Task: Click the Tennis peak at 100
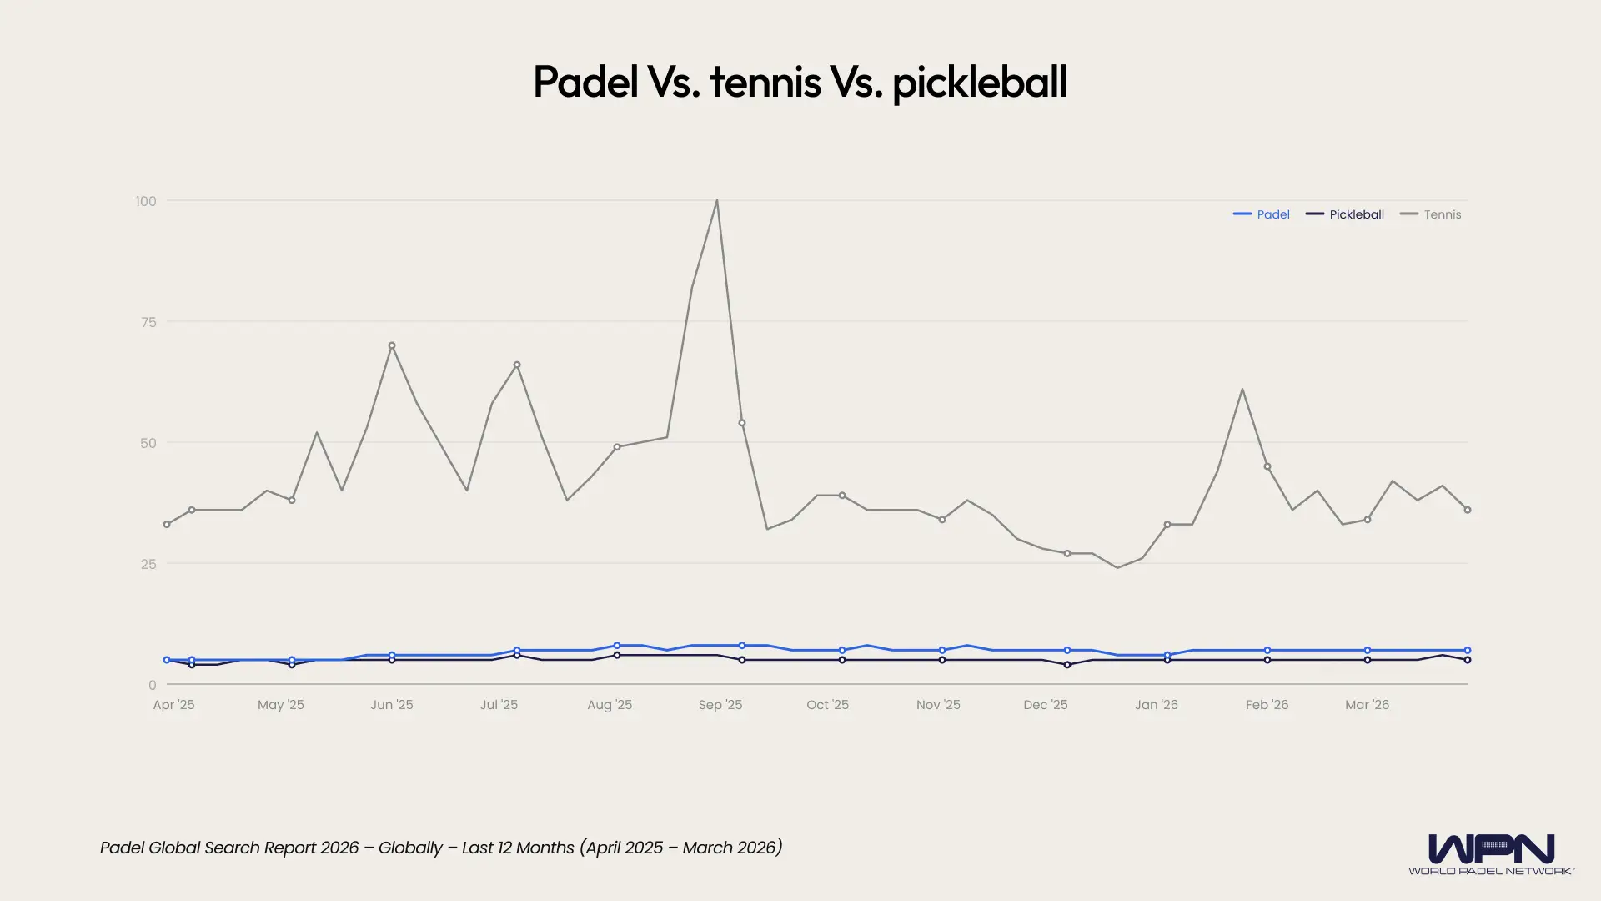[x=717, y=201]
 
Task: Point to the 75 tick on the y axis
[x=148, y=322]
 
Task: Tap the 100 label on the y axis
[x=146, y=201]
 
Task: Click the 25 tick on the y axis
[x=148, y=564]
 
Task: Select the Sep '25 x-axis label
[x=720, y=705]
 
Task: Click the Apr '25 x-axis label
[x=173, y=705]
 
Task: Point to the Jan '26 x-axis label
[x=1157, y=705]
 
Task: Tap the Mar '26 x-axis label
[x=1368, y=705]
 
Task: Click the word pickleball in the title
[x=980, y=83]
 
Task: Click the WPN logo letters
[x=1491, y=849]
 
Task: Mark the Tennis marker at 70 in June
[x=392, y=345]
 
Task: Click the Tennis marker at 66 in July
[x=517, y=365]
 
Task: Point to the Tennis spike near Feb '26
[x=1242, y=390]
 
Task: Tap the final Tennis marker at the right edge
[x=1468, y=510]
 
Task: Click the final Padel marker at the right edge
[x=1468, y=650]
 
